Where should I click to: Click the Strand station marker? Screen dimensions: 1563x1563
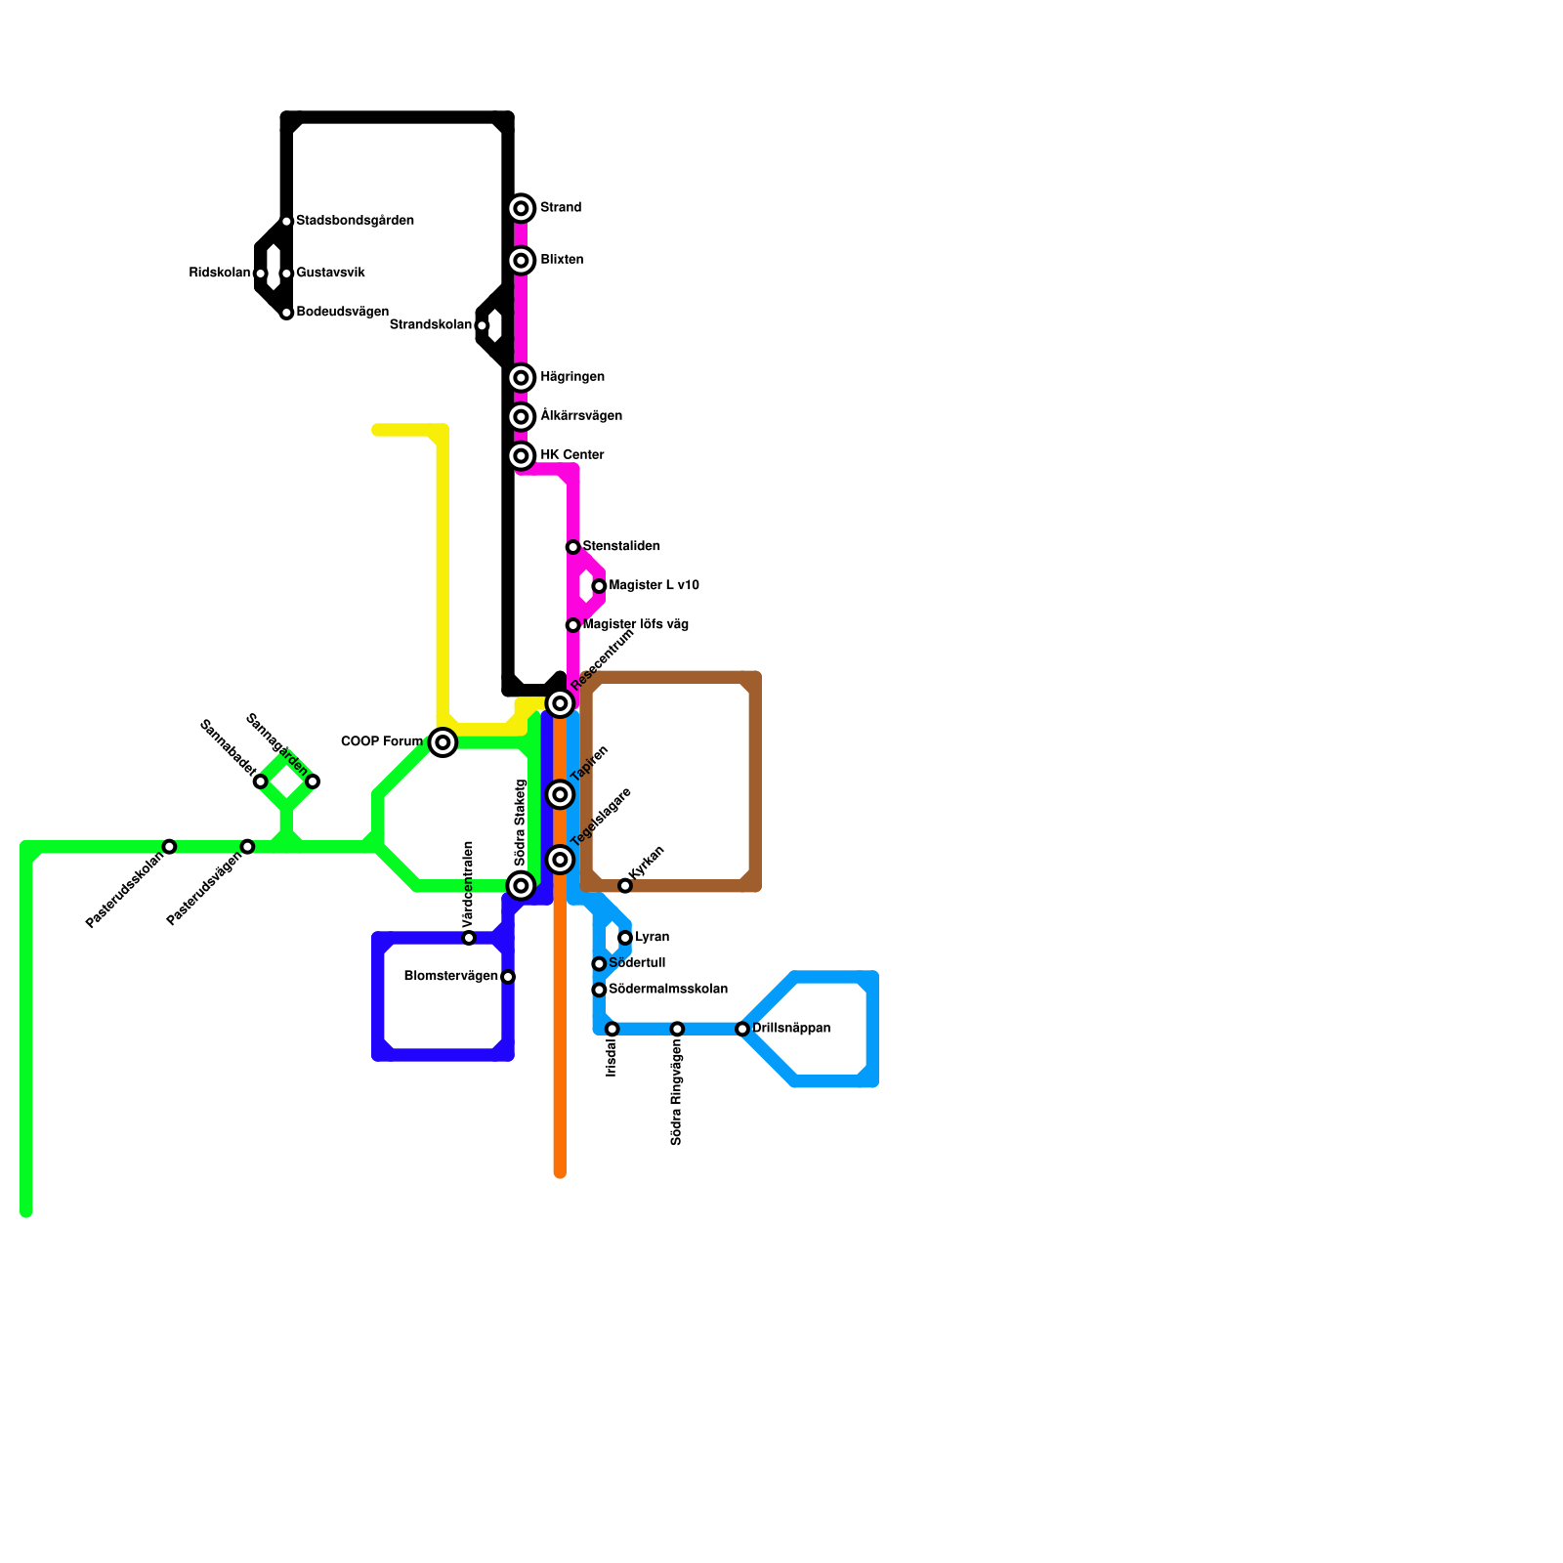click(x=522, y=208)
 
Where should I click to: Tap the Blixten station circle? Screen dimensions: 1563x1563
click(x=522, y=261)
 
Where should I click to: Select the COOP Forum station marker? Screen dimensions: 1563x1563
click(x=444, y=743)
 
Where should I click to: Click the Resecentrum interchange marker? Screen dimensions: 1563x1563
click(x=560, y=703)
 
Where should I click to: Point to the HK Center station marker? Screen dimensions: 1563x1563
click(x=522, y=456)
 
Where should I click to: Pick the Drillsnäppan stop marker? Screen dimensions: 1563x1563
click(x=742, y=1030)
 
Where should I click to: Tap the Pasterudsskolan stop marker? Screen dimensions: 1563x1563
click(x=170, y=846)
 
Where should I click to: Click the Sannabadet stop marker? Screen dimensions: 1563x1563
click(x=261, y=781)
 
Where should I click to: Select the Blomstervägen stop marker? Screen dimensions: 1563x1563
click(x=508, y=977)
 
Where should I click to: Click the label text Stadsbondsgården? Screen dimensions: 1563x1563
click(x=355, y=221)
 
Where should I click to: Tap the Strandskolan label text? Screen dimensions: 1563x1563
click(x=430, y=325)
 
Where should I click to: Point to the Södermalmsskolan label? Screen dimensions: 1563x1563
click(x=667, y=990)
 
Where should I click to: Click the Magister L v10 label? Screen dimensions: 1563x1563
click(x=654, y=586)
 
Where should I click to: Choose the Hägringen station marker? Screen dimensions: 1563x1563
click(x=522, y=378)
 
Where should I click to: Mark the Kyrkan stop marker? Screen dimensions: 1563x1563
click(x=625, y=886)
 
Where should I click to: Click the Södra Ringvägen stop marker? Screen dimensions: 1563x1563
click(x=677, y=1030)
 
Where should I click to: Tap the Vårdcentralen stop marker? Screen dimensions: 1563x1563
click(x=469, y=938)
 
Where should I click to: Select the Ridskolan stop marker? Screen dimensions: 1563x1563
click(x=261, y=274)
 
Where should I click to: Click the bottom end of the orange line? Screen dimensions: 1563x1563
click(x=560, y=1172)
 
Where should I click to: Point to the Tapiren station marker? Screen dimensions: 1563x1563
click(x=560, y=795)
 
